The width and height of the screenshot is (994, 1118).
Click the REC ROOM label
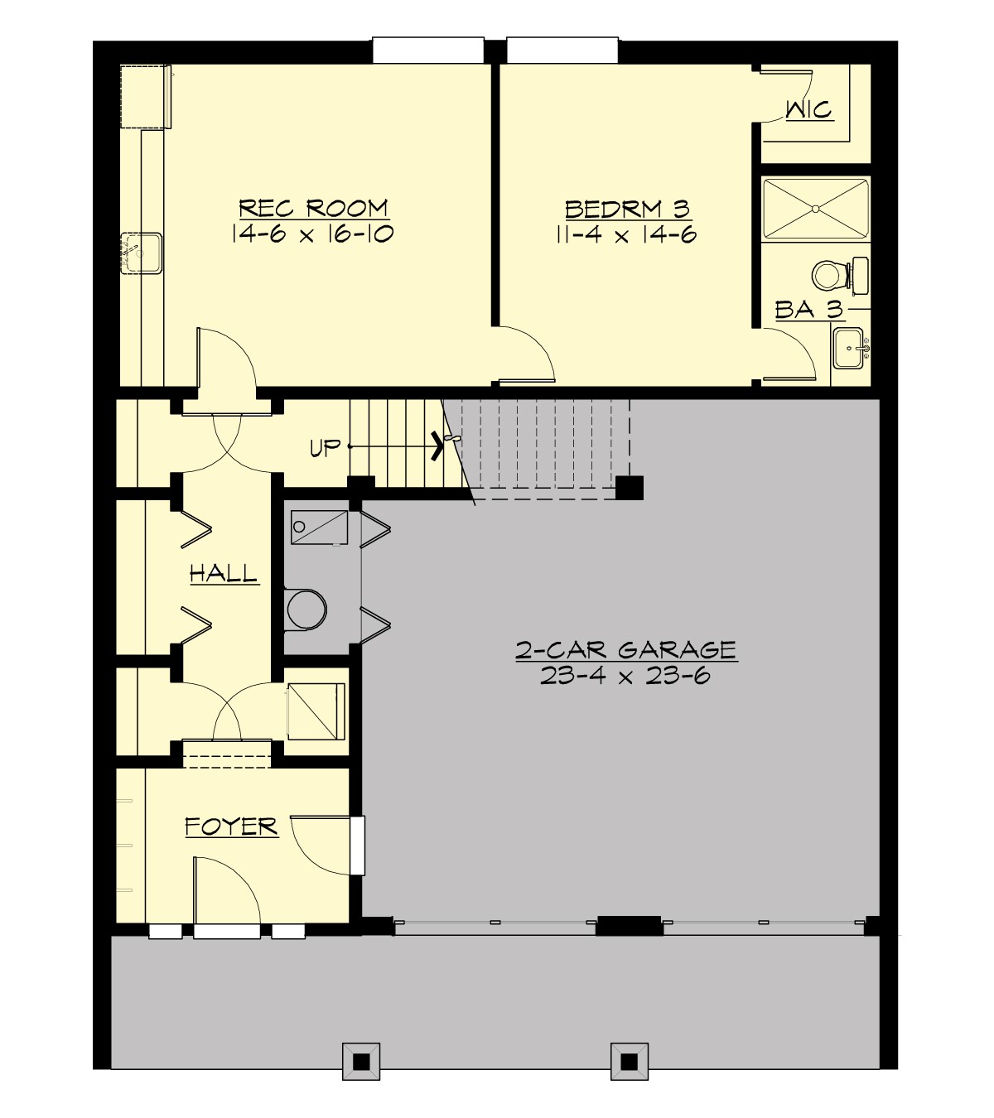313,208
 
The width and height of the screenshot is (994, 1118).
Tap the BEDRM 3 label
626,208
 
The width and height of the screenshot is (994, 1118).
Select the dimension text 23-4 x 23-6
625,676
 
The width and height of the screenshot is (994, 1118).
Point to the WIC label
808,110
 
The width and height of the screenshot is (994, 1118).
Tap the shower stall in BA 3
815,210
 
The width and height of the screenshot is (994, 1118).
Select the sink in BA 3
850,347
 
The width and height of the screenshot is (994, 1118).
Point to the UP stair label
325,448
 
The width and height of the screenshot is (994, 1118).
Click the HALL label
224,573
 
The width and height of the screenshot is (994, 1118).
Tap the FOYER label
231,826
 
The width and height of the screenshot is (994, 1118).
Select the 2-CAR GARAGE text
626,649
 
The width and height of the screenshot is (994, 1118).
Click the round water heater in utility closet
306,610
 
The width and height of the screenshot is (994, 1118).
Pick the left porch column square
361,1061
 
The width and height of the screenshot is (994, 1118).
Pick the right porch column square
629,1061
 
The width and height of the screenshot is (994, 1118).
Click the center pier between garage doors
629,925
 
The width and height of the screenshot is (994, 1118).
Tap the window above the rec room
428,50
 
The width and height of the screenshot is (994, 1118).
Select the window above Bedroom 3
562,50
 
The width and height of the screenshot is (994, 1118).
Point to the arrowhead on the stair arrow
437,447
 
